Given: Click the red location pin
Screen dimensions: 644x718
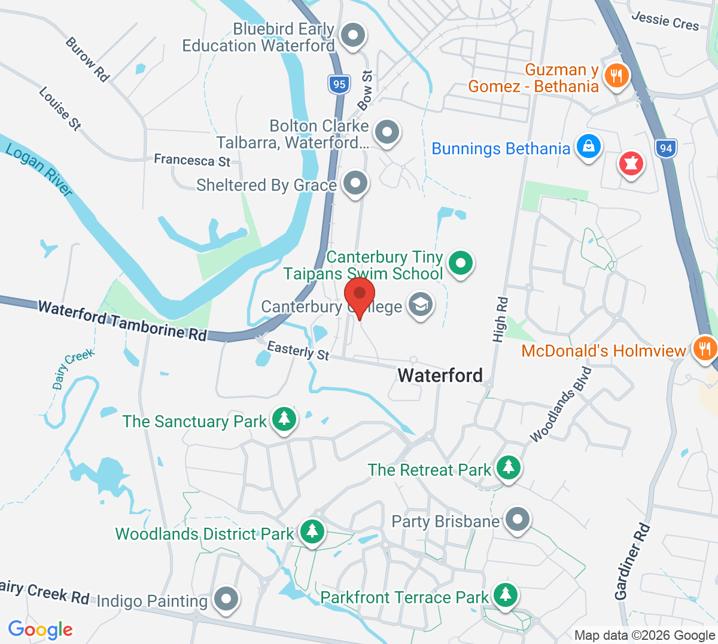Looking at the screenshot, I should click(360, 297).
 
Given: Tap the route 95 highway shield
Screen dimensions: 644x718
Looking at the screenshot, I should click(339, 84).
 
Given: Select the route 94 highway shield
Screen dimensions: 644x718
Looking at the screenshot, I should click(666, 148).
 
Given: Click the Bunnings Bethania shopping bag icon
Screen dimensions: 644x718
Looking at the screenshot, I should click(588, 147).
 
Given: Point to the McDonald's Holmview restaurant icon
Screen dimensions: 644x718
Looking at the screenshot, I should click(705, 348).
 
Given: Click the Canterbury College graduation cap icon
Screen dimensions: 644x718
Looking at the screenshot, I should click(420, 305).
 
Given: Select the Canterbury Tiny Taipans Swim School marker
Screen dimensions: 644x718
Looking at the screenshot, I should click(461, 262).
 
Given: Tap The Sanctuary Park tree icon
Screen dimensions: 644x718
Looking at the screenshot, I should click(284, 419).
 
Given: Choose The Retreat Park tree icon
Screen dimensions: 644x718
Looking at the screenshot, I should click(508, 467).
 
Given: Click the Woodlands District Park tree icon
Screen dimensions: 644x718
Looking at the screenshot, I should click(312, 531).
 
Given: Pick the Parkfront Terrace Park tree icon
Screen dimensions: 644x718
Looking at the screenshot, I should click(506, 594).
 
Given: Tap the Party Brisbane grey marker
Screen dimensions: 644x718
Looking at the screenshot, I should click(517, 519).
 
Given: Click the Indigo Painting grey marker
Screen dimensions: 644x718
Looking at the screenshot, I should click(226, 598).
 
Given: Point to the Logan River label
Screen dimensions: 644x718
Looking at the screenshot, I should click(39, 169).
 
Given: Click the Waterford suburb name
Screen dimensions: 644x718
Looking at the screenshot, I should click(440, 375).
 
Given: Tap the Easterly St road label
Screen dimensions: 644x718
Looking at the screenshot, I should click(298, 350).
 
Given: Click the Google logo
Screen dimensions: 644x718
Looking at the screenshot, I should click(40, 630).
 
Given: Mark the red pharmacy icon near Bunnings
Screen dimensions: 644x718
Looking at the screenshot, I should click(631, 163).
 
